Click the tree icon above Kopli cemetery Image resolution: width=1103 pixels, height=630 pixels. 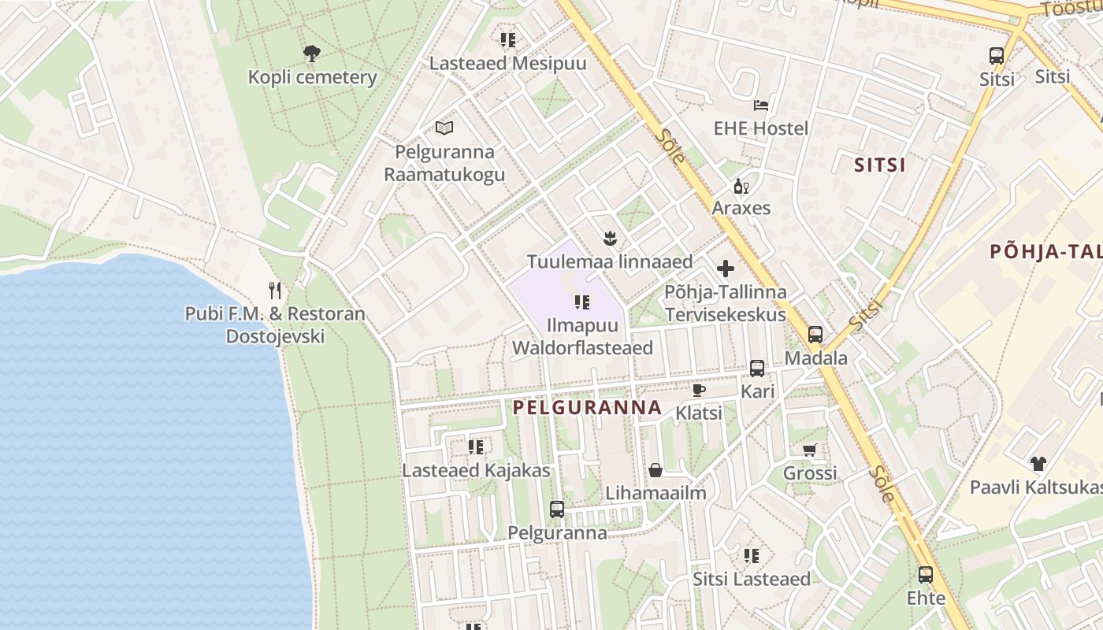312,54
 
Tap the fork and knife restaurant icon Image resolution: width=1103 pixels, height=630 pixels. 275,291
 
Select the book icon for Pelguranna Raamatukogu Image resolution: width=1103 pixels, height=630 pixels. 444,128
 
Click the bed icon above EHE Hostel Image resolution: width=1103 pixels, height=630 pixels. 761,105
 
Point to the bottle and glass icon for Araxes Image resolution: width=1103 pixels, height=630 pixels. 741,187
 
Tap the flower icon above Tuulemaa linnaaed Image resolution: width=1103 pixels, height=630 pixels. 609,237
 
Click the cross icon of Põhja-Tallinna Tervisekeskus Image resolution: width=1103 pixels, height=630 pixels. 726,269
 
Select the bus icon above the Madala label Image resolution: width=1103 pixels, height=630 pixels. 815,334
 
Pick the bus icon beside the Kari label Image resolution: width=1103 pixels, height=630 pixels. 757,368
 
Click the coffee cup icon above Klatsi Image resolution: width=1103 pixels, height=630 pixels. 698,390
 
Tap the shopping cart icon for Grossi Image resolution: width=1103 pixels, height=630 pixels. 809,450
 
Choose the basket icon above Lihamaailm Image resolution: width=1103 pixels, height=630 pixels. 655,471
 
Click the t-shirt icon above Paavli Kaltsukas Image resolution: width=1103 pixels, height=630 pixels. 1038,464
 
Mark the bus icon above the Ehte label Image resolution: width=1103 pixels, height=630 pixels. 926,575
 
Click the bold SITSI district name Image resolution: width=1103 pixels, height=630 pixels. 880,165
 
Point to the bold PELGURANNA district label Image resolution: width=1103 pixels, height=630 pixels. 587,408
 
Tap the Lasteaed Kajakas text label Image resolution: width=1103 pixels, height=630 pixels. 476,471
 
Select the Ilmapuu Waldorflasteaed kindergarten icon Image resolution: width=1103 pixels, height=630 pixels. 582,302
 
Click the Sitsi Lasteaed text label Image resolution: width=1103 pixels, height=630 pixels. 751,580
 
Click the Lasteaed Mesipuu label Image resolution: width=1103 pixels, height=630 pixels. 507,64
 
